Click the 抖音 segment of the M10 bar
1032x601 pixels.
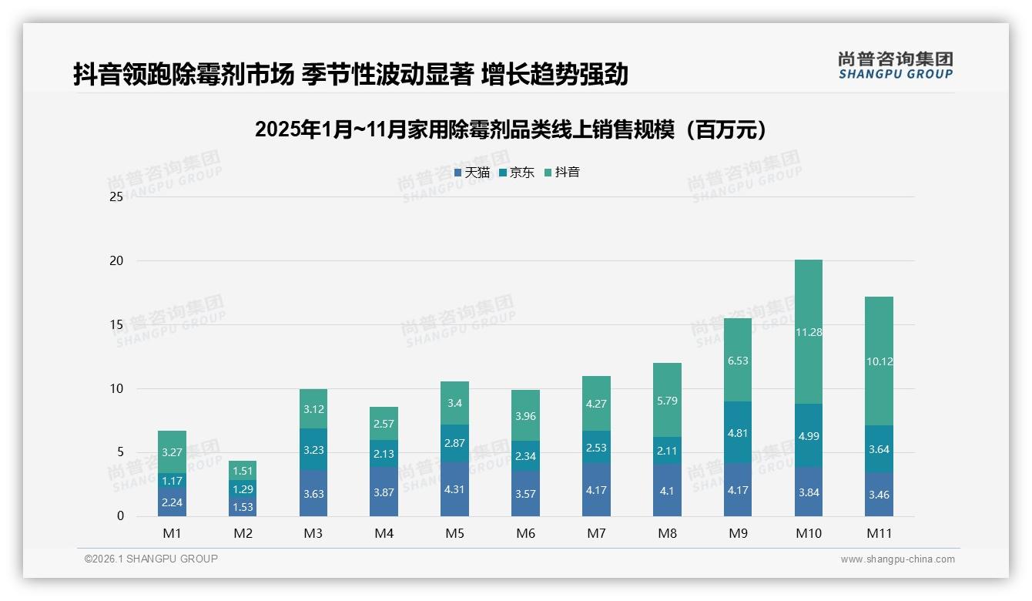[x=809, y=331]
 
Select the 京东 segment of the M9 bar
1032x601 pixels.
[x=738, y=432]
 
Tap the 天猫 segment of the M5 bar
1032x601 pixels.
[x=454, y=489]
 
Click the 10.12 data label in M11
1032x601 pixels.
[x=879, y=361]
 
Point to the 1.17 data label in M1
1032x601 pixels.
[x=172, y=480]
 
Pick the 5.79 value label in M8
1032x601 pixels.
[x=667, y=400]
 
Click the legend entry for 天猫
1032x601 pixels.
[x=471, y=173]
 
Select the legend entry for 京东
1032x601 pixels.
[x=516, y=173]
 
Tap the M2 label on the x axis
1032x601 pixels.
[x=243, y=533]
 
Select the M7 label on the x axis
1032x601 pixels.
[x=596, y=533]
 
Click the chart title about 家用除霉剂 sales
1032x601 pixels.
[x=511, y=129]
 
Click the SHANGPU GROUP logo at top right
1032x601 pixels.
[x=895, y=65]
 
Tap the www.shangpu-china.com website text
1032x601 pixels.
[x=897, y=559]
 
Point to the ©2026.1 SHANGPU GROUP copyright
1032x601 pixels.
[x=151, y=559]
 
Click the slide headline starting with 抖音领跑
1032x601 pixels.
[x=350, y=74]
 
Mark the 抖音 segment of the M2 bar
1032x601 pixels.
[x=243, y=471]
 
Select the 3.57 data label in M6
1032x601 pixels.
[x=525, y=493]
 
